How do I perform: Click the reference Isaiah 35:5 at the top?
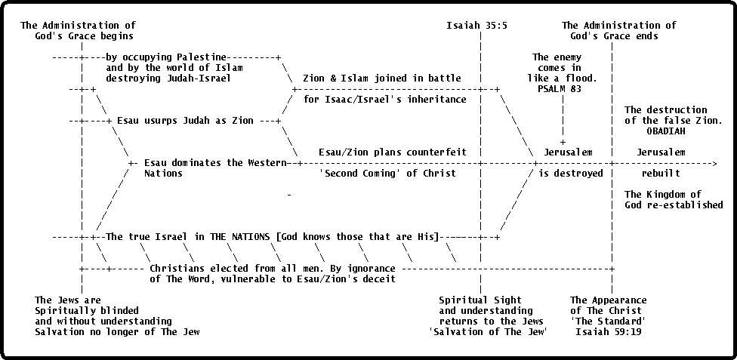pyautogui.click(x=476, y=26)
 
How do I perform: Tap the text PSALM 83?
pyautogui.click(x=560, y=88)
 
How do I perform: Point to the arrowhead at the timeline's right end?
pyautogui.click(x=714, y=163)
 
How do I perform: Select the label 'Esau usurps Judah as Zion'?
pyautogui.click(x=185, y=121)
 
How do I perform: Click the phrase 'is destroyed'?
pyautogui.click(x=571, y=174)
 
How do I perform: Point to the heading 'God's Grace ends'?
pyautogui.click(x=615, y=36)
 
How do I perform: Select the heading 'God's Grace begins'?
pyautogui.click(x=84, y=36)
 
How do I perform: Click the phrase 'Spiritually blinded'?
pyautogui.click(x=87, y=311)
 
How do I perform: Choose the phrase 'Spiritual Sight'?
pyautogui.click(x=480, y=300)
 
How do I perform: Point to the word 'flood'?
pyautogui.click(x=581, y=78)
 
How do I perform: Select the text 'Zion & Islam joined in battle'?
pyautogui.click(x=382, y=78)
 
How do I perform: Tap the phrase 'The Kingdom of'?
pyautogui.click(x=663, y=195)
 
